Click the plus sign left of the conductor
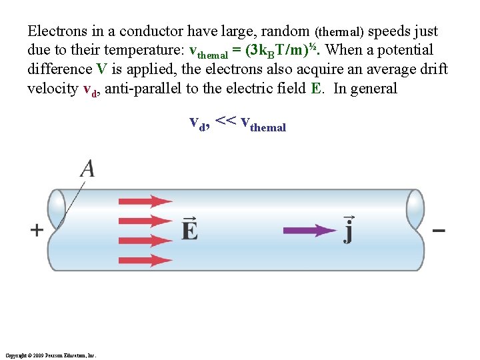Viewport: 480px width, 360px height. point(37,230)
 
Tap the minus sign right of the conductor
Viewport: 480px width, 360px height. point(439,231)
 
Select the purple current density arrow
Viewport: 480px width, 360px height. point(310,230)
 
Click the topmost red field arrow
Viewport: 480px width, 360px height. point(145,201)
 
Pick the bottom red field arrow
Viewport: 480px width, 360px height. point(145,260)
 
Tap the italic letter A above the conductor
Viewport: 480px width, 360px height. point(87,169)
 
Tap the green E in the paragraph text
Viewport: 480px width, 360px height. point(316,89)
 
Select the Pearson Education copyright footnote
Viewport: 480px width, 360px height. point(50,355)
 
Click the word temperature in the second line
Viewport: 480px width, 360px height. point(138,50)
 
